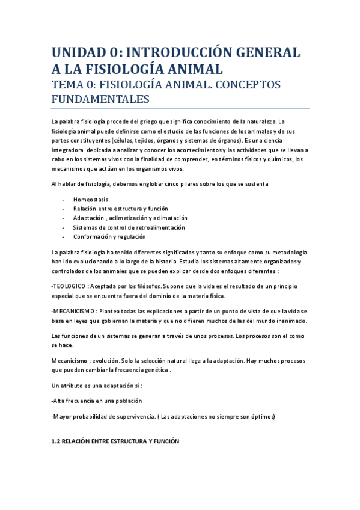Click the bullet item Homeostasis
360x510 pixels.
[x=91, y=199]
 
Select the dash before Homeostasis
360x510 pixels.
[x=64, y=199]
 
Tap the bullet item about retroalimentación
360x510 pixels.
[x=129, y=227]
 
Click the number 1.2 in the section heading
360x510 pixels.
[x=58, y=441]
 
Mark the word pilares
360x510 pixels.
[x=208, y=183]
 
